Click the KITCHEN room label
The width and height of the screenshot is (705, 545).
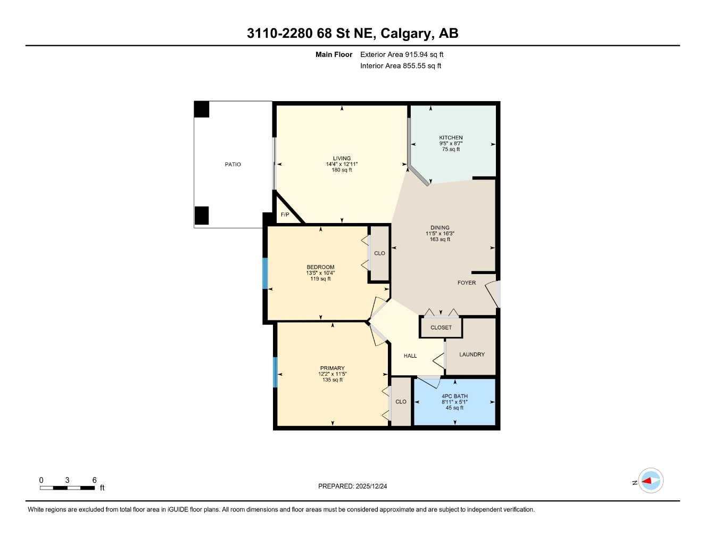451,138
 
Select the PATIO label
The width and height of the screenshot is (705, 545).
233,164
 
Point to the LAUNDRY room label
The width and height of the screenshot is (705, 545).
472,354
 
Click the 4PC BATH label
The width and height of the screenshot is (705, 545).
454,397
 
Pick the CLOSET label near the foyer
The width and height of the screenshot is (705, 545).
441,328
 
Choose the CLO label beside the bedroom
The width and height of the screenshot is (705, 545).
379,253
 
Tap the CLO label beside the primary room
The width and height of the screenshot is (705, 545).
401,402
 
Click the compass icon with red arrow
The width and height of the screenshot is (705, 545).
650,481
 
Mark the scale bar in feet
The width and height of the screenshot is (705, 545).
68,488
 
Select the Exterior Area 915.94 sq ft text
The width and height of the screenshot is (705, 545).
402,54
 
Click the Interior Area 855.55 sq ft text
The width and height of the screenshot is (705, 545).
401,66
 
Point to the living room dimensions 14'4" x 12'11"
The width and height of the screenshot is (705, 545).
342,164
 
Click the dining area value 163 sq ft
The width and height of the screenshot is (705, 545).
440,240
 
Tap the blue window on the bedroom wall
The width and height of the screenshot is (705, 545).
265,274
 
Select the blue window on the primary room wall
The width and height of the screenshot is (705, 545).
275,372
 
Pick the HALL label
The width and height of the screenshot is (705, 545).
410,356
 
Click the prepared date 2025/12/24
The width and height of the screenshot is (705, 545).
352,486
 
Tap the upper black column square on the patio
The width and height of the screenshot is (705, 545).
202,109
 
